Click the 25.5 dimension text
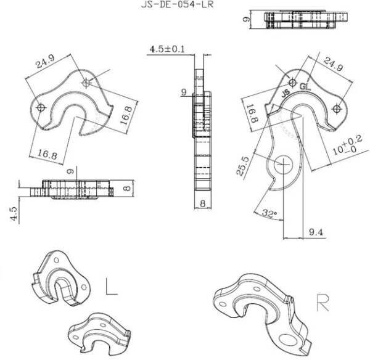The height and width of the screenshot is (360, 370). (244, 166)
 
